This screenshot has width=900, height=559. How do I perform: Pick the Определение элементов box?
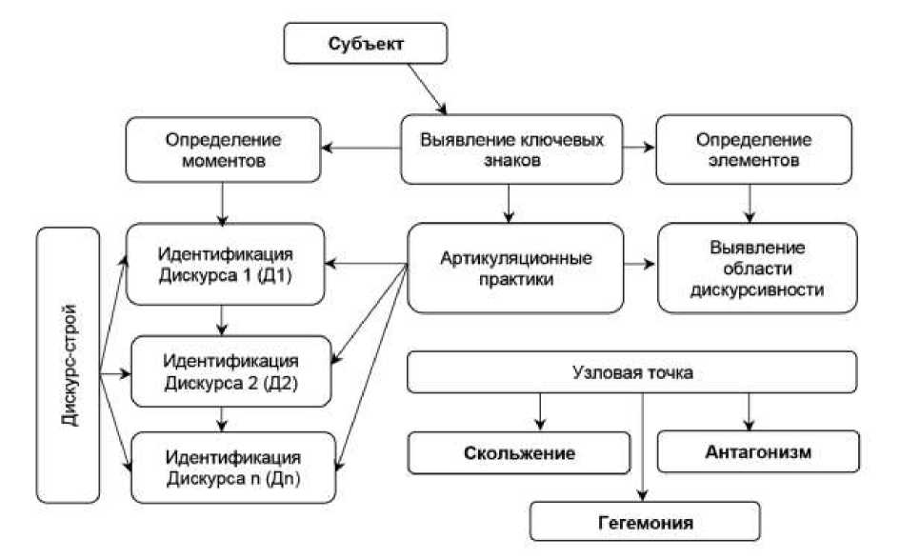click(753, 150)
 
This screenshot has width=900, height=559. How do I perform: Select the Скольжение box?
click(520, 453)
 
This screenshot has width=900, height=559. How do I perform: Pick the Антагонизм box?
click(759, 452)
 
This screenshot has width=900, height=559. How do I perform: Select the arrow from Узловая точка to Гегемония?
click(644, 448)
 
